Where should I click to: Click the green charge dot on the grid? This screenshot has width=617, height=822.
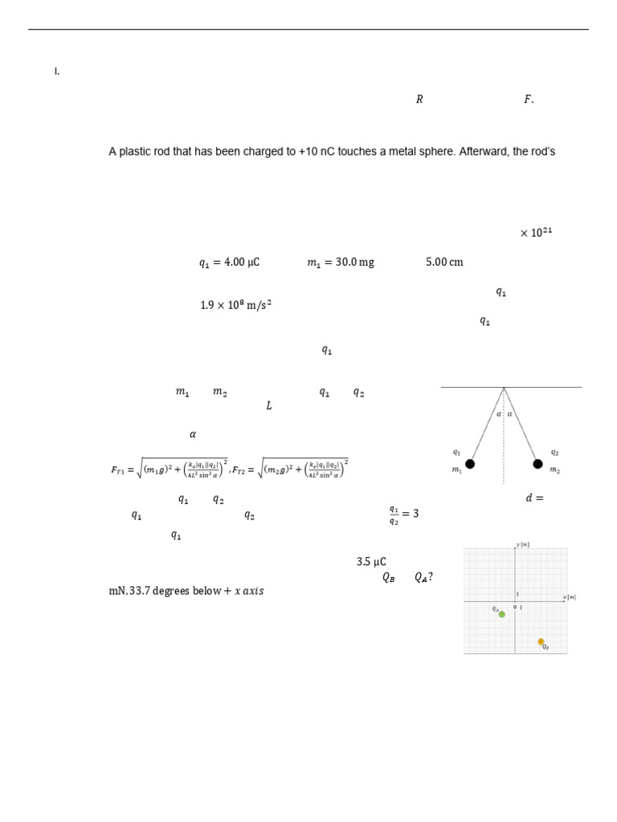click(x=502, y=614)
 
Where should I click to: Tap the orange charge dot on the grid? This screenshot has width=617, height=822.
click(x=541, y=641)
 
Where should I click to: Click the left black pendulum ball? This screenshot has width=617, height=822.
click(x=470, y=464)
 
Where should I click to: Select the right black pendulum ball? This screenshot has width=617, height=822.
click(x=537, y=464)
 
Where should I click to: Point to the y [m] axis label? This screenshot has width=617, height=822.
click(x=522, y=545)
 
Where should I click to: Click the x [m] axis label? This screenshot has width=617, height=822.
click(x=570, y=596)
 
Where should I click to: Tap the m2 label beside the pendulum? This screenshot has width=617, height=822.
click(x=555, y=470)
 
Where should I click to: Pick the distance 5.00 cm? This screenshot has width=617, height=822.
click(x=444, y=262)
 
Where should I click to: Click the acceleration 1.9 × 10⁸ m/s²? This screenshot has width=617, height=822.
click(x=235, y=305)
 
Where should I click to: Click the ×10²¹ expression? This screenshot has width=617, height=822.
click(x=536, y=233)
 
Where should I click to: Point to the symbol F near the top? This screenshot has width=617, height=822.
click(x=528, y=100)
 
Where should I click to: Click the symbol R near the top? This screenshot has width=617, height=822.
click(x=419, y=100)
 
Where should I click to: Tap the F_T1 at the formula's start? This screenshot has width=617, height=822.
click(x=118, y=470)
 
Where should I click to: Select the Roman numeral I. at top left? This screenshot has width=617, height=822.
click(x=57, y=71)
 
